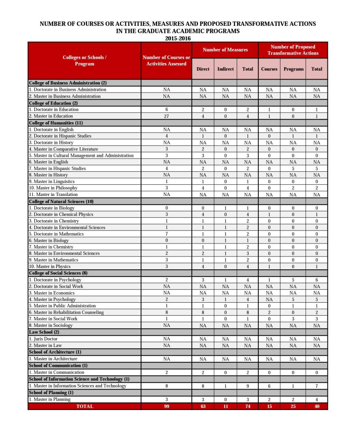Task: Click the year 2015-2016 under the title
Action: [x=178, y=38]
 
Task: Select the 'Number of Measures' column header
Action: [x=225, y=50]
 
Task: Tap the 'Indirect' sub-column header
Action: [x=225, y=69]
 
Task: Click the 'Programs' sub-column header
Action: [x=293, y=69]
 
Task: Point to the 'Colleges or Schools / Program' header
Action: [x=85, y=60]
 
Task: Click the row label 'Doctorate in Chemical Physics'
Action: [x=61, y=214]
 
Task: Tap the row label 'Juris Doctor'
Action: [x=44, y=339]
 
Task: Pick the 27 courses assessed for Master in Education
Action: [x=166, y=116]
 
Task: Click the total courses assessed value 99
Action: [x=166, y=406]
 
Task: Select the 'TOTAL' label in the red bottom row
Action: [x=85, y=406]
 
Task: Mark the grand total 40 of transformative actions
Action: [x=317, y=406]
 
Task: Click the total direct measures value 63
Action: [x=203, y=406]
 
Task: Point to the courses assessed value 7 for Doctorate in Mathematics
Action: [x=166, y=234]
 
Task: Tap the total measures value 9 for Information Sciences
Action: [x=247, y=386]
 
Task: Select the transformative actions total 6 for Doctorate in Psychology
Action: [x=317, y=280]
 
